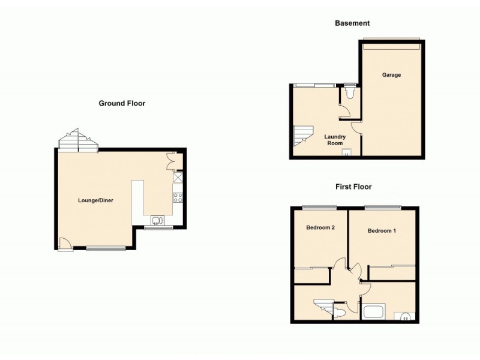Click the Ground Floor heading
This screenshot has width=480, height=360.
122,103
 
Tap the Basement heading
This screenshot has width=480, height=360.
352,23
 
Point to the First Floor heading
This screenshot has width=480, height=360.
353,187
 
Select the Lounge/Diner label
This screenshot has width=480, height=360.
95,200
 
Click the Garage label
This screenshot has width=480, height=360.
392,75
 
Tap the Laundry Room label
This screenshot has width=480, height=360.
335,140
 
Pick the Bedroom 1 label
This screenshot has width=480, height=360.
382,230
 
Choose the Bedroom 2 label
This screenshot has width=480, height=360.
320,227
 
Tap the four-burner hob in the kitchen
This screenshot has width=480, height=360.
178,196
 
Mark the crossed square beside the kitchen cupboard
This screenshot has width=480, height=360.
178,178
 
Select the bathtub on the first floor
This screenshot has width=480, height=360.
375,312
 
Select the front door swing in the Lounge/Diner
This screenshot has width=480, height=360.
64,243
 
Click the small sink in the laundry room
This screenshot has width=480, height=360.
346,152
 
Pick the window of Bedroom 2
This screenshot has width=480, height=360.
319,208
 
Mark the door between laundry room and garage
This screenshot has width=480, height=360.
357,127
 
